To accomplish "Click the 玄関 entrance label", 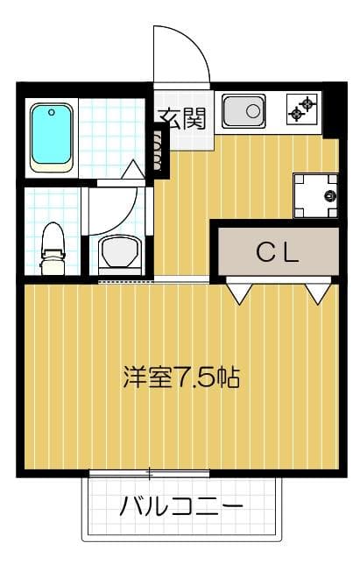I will pyautogui.click(x=181, y=117).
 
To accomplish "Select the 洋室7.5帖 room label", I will pyautogui.click(x=181, y=378).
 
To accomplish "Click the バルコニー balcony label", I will pyautogui.click(x=181, y=507).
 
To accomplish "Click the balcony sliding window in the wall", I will pyautogui.click(x=149, y=474).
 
